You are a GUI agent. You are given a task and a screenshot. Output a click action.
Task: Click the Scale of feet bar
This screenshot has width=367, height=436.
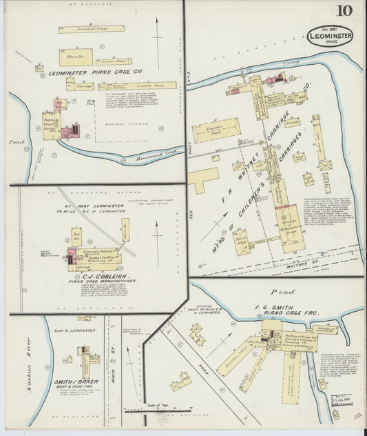pos(158,410)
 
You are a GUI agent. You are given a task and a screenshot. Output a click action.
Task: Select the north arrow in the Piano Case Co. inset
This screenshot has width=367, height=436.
pos(158,41)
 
